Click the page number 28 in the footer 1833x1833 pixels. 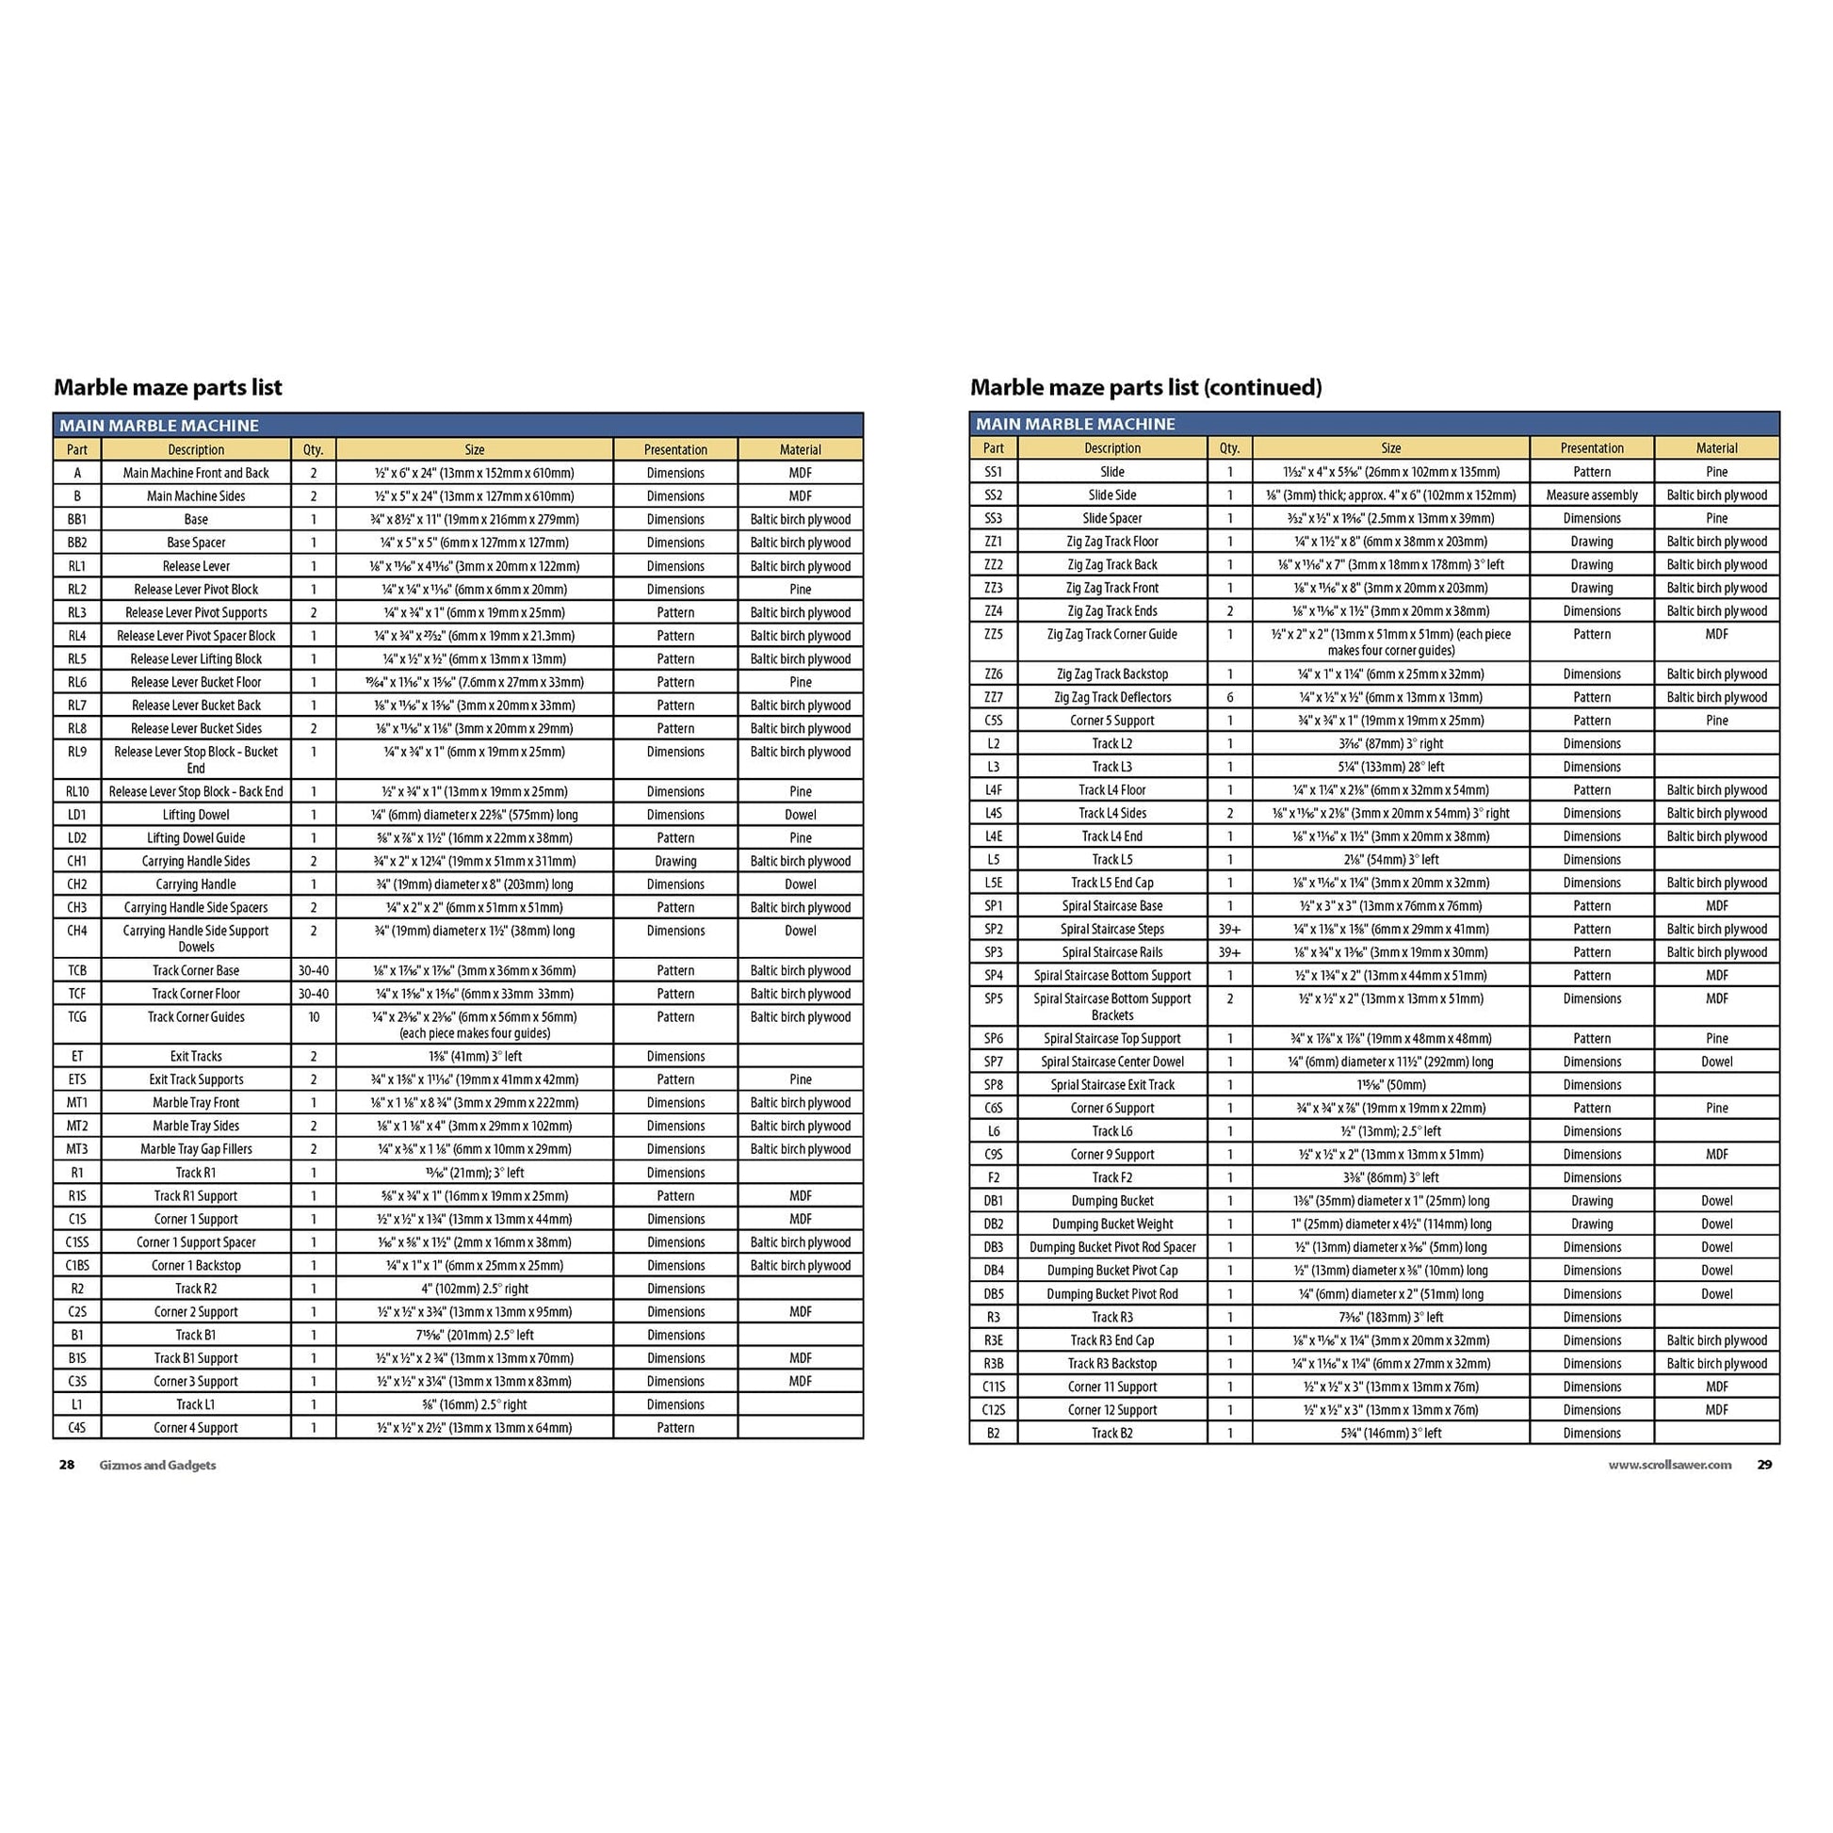[x=67, y=1465]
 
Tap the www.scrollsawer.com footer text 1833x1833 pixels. [x=1669, y=1465]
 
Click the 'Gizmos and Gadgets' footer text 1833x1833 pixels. [x=157, y=1465]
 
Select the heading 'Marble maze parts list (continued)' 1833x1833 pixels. [x=1145, y=387]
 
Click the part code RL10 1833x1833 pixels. [x=77, y=791]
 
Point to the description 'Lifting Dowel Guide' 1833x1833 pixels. [x=195, y=837]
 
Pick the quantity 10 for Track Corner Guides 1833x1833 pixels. [x=313, y=1017]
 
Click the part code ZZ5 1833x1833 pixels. [x=993, y=635]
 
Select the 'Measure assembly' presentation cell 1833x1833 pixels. [x=1591, y=495]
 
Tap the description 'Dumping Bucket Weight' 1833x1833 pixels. [x=1111, y=1224]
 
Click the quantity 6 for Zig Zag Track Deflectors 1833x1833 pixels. [x=1229, y=697]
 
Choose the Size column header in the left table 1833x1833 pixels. [x=475, y=449]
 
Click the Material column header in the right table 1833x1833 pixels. [x=1716, y=447]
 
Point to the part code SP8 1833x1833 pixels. [x=993, y=1084]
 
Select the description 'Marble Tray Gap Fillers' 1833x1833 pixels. [x=195, y=1149]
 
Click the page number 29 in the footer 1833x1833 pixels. [x=1763, y=1465]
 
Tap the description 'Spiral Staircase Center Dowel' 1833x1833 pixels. [x=1111, y=1062]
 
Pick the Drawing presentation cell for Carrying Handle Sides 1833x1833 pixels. [x=674, y=862]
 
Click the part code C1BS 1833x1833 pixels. [x=77, y=1266]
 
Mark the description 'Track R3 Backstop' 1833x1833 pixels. [x=1111, y=1363]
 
